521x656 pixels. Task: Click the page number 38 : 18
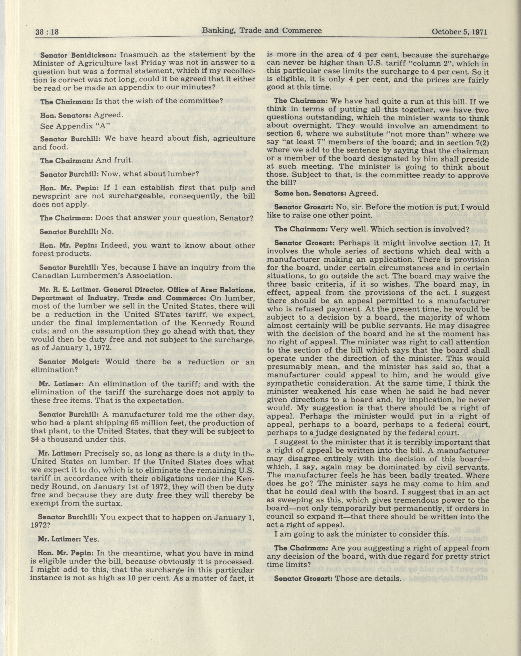tap(47, 32)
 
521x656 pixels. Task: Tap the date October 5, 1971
tap(459, 32)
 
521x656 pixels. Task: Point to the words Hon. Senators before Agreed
tap(66, 115)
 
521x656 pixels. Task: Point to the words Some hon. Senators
tap(310, 193)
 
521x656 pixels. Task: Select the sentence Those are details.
tap(368, 578)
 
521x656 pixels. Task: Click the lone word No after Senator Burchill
tap(107, 231)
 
